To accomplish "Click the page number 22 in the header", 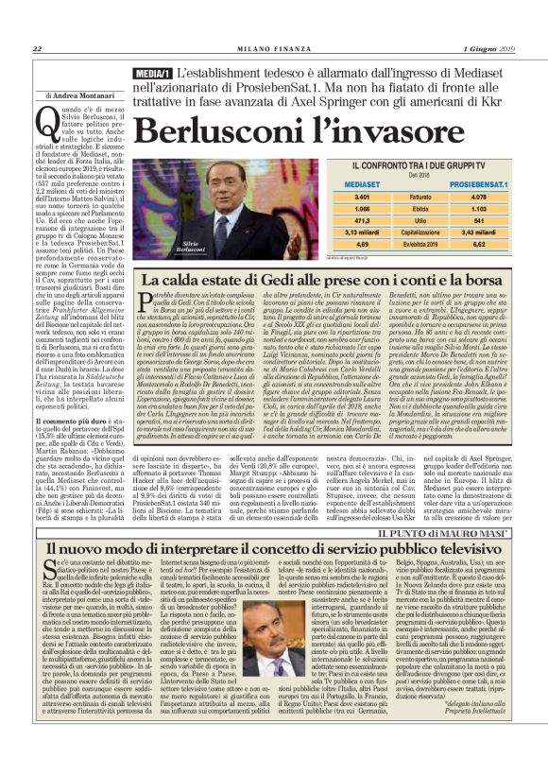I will (x=37, y=50).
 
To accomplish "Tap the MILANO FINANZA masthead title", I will (x=273, y=50).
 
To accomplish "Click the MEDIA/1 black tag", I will (x=153, y=73).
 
